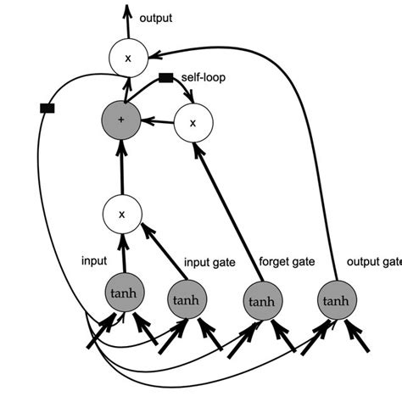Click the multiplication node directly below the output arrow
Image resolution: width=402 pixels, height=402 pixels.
click(x=127, y=58)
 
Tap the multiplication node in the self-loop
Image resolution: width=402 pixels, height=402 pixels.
click(x=194, y=122)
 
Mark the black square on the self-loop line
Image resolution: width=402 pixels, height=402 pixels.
click(x=166, y=78)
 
